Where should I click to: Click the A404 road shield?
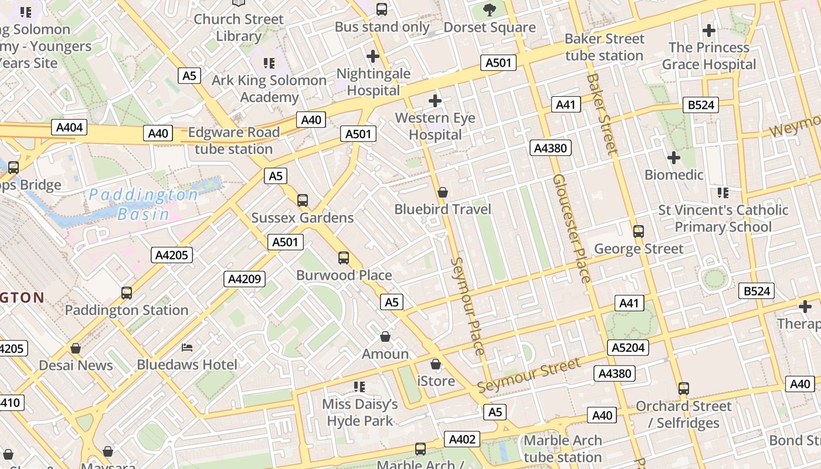pos(69,127)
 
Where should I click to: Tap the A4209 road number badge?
pos(244,279)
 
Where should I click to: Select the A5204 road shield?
pos(628,348)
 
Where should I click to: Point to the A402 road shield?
pos(462,439)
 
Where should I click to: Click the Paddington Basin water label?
pos(144,204)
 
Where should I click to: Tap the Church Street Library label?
pos(238,28)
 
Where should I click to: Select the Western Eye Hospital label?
pos(435,126)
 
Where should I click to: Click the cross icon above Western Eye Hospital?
pos(435,101)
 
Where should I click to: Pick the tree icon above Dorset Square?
pos(489,9)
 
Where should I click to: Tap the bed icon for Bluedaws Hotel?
pos(187,348)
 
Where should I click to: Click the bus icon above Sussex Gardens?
pos(303,200)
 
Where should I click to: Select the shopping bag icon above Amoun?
pos(385,337)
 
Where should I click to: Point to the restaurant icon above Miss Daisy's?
pos(359,387)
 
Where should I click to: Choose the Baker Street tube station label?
pos(604,47)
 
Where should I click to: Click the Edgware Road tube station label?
pos(233,141)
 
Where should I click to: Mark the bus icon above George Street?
pos(639,232)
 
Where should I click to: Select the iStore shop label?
pos(436,381)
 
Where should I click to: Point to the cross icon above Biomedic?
pos(674,158)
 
